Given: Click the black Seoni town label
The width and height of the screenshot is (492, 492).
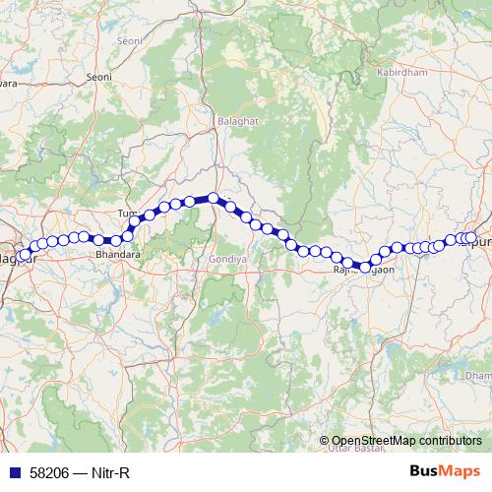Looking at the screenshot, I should point(98,76).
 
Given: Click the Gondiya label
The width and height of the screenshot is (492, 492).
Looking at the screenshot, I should point(225,258).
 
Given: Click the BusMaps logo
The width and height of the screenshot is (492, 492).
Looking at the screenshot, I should point(444,471).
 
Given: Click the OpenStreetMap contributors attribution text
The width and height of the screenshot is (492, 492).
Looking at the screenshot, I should point(406,440).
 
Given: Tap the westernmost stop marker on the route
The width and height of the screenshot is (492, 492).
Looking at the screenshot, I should point(24,257).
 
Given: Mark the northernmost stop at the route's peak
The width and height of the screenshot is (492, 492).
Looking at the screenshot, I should point(213,198).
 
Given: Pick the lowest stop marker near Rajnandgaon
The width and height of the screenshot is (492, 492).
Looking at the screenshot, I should point(365,267).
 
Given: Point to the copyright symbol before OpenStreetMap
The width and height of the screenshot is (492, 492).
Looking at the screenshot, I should point(325,440).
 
